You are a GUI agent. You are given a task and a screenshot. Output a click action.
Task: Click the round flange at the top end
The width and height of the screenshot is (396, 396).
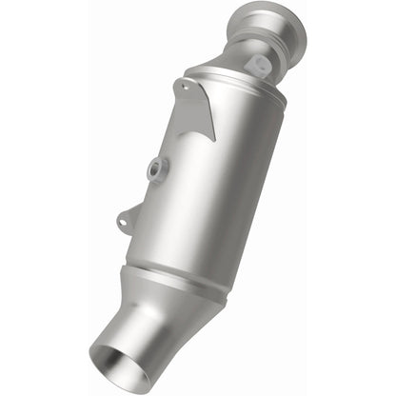click(283, 28)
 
